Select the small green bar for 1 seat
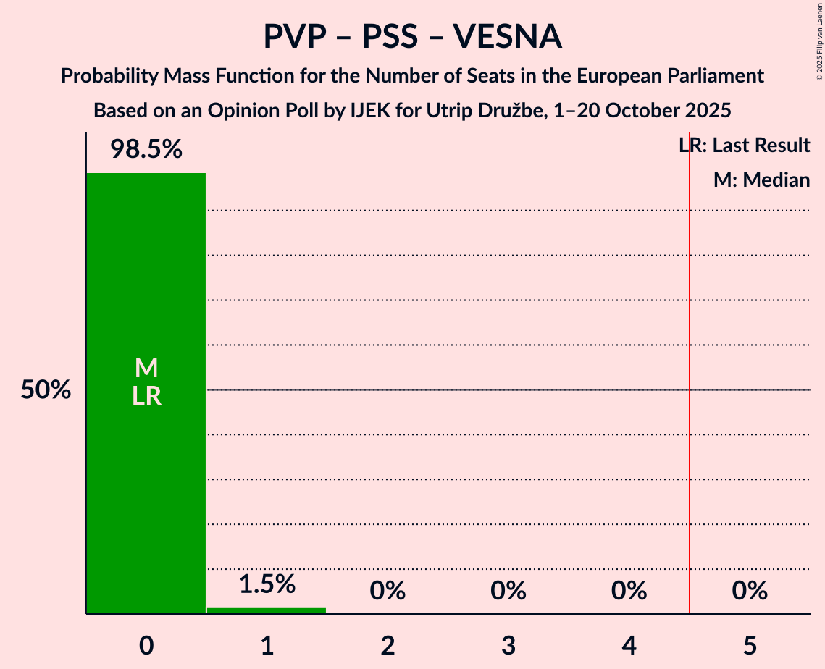pyautogui.click(x=267, y=610)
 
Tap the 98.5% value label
pyautogui.click(x=146, y=150)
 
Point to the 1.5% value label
pyautogui.click(x=267, y=584)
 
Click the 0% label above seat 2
pyautogui.click(x=388, y=591)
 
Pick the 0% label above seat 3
pyautogui.click(x=508, y=591)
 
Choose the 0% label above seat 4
pyautogui.click(x=629, y=591)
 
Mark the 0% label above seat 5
pyautogui.click(x=750, y=591)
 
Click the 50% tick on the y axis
pyautogui.click(x=46, y=390)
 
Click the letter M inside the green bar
pyautogui.click(x=146, y=369)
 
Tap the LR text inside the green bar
pyautogui.click(x=146, y=396)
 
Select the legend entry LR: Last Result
pyautogui.click(x=744, y=146)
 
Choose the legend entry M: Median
pyautogui.click(x=761, y=180)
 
